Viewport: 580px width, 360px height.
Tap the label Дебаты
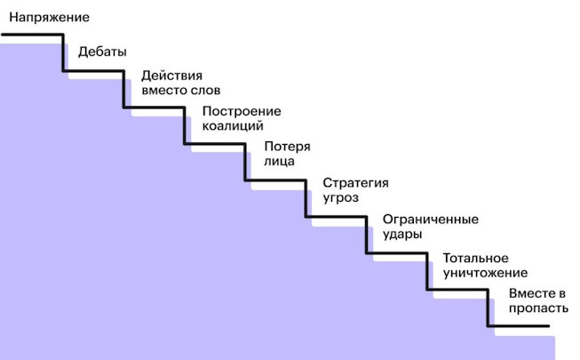click(x=102, y=52)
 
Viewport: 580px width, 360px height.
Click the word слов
click(x=203, y=90)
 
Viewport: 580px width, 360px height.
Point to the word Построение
click(x=242, y=111)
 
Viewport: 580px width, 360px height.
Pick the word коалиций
click(x=233, y=126)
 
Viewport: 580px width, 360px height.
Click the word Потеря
click(x=288, y=147)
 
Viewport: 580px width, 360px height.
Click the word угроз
click(x=340, y=198)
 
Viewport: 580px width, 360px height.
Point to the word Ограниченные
click(x=430, y=220)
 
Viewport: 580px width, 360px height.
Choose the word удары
click(x=401, y=235)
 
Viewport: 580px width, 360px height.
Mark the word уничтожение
click(x=485, y=272)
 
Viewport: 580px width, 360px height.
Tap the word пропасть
click(x=535, y=308)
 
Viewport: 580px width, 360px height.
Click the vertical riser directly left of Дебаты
click(x=64, y=53)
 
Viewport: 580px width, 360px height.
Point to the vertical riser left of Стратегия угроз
click(x=306, y=198)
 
